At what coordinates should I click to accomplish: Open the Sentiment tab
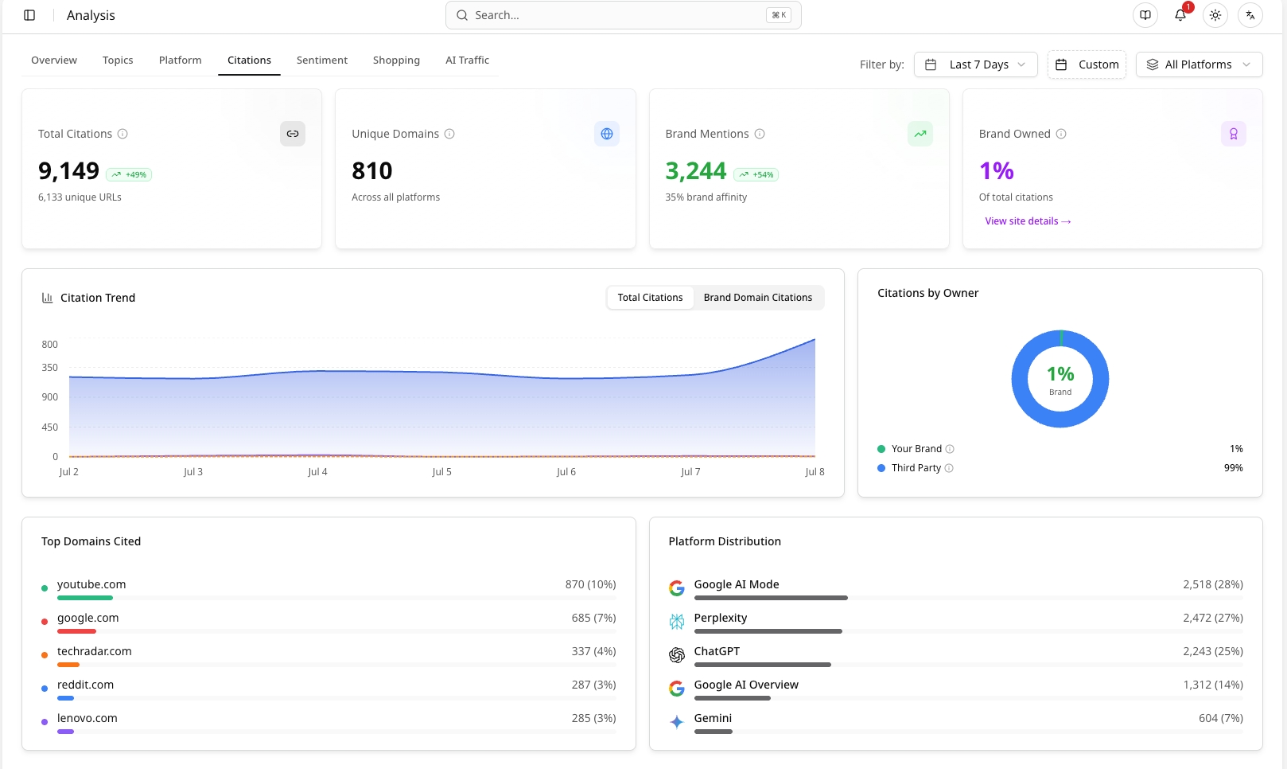tap(321, 60)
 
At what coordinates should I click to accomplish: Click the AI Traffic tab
tap(467, 60)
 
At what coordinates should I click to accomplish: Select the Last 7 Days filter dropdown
tap(976, 64)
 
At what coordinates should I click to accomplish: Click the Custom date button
tap(1087, 64)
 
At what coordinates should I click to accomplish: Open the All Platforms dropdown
tap(1199, 64)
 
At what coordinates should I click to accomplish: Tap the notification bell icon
tap(1180, 15)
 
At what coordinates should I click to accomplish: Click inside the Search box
tap(623, 15)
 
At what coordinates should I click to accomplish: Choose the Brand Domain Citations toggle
tap(758, 298)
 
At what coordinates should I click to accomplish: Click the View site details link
tap(1028, 221)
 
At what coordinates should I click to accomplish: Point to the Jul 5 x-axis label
tap(441, 471)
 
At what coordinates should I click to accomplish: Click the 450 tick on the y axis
tap(50, 427)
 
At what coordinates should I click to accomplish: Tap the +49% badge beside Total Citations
tap(129, 174)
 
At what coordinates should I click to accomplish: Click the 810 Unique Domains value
tap(371, 170)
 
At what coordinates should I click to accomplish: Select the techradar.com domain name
tap(94, 651)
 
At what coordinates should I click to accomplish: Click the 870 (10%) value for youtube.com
tap(590, 584)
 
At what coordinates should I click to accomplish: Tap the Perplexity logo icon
tap(677, 621)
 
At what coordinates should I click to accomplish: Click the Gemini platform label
tap(713, 718)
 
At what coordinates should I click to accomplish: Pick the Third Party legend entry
tap(916, 467)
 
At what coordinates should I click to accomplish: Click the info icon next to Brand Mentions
tap(760, 134)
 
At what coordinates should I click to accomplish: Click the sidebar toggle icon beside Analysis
tap(29, 15)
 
